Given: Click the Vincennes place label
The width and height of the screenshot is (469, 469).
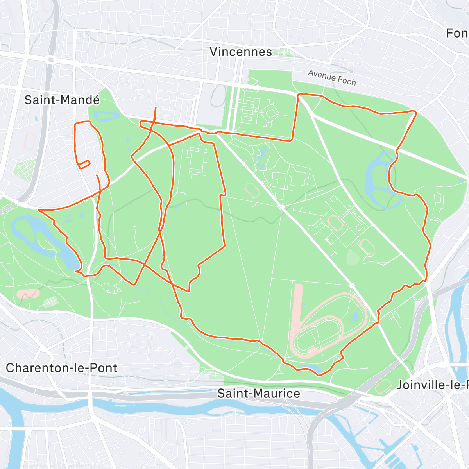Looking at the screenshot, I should [x=241, y=52].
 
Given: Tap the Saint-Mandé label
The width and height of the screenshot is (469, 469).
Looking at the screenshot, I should [x=62, y=100].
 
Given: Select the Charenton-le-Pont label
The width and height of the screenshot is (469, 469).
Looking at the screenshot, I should [x=62, y=368].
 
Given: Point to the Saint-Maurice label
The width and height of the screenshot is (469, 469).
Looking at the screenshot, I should [x=259, y=393].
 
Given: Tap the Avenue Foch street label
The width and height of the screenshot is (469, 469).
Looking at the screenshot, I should [x=332, y=77].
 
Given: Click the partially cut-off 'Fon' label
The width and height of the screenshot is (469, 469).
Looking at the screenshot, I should [x=457, y=33].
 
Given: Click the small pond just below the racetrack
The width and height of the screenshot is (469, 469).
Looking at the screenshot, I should [x=309, y=368].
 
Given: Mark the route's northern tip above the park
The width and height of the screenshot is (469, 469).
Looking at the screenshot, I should [x=156, y=107].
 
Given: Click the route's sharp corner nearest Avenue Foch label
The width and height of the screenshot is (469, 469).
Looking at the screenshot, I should [x=299, y=95].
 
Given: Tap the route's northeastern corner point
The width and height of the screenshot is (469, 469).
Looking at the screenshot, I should [x=415, y=112].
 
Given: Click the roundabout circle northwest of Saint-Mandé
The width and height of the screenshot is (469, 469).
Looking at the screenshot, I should [x=50, y=60].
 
